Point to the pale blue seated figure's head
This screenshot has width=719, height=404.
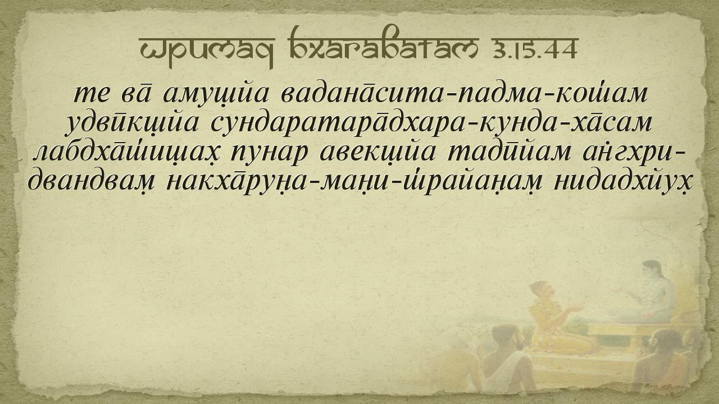pyautogui.click(x=653, y=271)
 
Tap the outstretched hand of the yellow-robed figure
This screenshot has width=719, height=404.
pyautogui.click(x=576, y=309)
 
